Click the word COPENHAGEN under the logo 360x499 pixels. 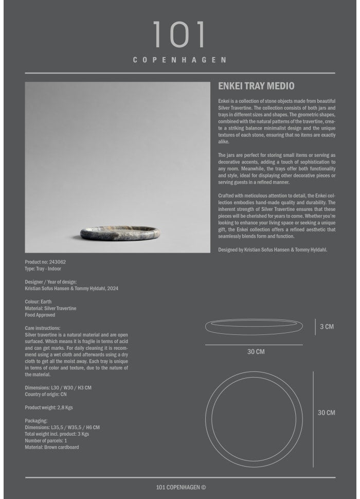pos(179,60)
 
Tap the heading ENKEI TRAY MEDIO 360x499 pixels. pos(256,86)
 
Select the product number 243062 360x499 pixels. pos(58,262)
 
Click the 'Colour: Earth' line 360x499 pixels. pos(39,301)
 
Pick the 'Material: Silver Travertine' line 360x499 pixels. pos(50,308)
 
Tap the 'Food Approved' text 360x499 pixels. pos(40,315)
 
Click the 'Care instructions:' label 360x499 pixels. pos(43,328)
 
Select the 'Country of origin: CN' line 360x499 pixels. pos(46,394)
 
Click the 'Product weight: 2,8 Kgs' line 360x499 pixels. pos(49,407)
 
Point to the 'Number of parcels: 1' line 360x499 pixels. pos(46,441)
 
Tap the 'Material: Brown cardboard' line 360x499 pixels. pos(52,448)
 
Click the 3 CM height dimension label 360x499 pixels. pos(327,327)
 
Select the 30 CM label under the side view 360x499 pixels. pos(256,352)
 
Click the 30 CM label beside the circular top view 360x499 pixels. pos(326,413)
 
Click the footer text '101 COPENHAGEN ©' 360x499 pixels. pos(180,488)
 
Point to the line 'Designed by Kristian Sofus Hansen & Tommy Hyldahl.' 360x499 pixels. pos(273,249)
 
